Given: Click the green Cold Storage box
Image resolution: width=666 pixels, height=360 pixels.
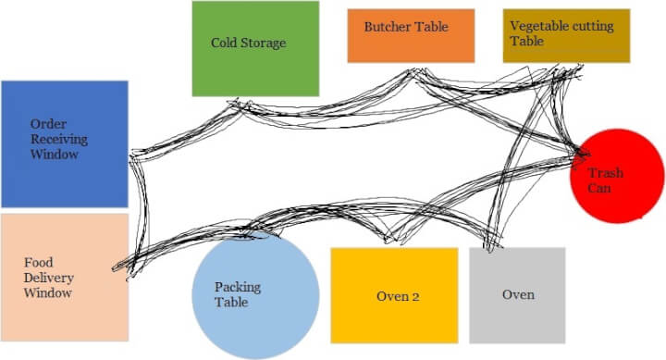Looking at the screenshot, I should [255, 65].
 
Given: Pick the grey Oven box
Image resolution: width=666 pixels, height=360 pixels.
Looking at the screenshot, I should [516, 305].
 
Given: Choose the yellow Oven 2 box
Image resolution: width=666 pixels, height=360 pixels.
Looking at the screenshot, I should [394, 310].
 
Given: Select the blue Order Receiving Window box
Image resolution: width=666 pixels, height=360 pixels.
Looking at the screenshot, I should [64, 171].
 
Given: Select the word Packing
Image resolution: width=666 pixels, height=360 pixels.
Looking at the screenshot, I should [238, 287].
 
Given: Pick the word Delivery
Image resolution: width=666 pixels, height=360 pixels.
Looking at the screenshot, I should [49, 279].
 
